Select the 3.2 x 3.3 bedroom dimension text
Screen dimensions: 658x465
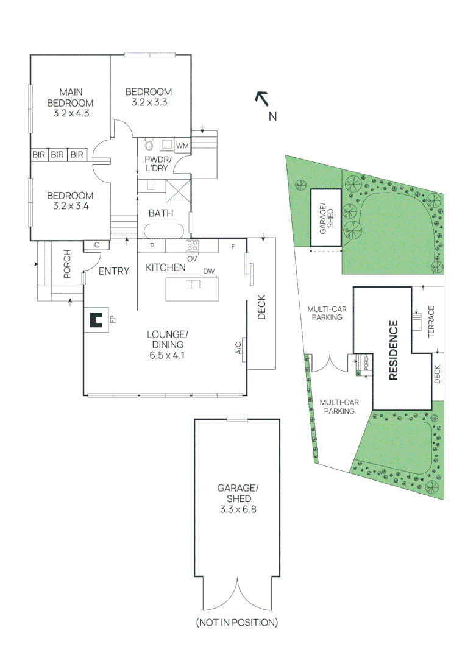[149, 102]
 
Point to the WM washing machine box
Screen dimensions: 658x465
[182, 146]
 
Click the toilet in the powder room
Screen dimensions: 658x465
[148, 145]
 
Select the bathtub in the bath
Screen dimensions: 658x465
[163, 231]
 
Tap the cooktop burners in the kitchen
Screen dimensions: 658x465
[193, 246]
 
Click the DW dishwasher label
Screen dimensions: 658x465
[208, 272]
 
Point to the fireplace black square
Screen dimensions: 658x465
[96, 319]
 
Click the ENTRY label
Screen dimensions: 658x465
[114, 271]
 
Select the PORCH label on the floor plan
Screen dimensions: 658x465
[68, 264]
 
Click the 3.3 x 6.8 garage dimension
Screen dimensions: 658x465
[238, 508]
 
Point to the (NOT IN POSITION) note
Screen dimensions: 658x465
[237, 622]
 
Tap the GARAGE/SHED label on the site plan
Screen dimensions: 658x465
[327, 216]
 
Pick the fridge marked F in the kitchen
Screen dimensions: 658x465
[233, 246]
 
